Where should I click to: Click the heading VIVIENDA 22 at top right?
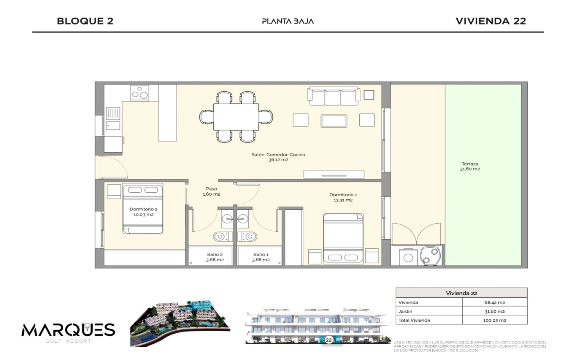[491, 21]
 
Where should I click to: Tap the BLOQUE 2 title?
[85, 21]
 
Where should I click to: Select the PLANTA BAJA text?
[288, 21]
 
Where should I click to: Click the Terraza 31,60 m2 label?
[470, 166]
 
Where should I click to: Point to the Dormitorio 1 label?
[343, 195]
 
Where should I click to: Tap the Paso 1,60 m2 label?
[211, 191]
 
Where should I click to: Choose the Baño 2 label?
[215, 254]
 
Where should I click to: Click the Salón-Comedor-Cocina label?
[278, 154]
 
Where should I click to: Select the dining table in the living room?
[236, 117]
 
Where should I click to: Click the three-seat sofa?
[334, 96]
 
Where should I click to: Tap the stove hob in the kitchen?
[140, 93]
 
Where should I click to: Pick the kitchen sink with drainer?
[113, 118]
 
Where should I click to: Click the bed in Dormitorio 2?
[143, 208]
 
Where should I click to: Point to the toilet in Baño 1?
[247, 236]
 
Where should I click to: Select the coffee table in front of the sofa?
[334, 121]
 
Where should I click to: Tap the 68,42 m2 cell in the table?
[494, 302]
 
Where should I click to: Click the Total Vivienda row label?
[414, 320]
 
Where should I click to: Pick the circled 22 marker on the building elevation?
[329, 340]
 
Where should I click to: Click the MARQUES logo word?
[68, 330]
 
